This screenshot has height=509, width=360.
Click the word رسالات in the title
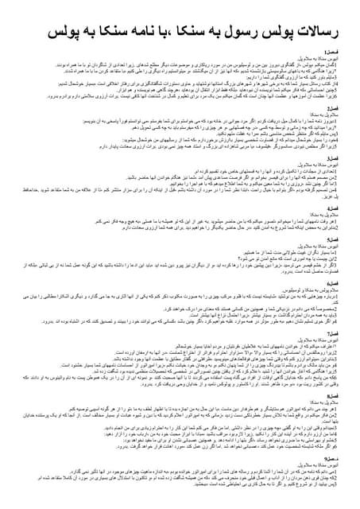pyautogui.click(x=317, y=32)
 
